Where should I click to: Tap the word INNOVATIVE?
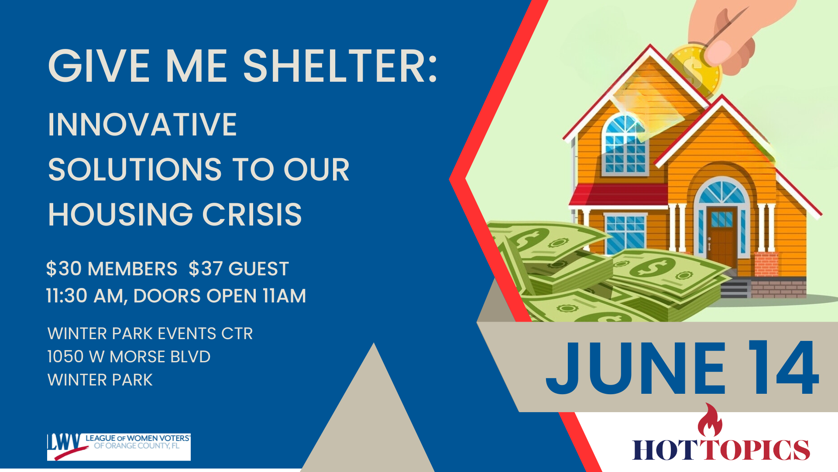142,125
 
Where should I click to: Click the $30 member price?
64,269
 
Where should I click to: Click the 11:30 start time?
67,296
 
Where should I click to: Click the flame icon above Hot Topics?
710,420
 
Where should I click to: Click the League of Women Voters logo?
119,447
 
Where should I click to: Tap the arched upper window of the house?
625,144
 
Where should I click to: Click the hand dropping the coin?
733,35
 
